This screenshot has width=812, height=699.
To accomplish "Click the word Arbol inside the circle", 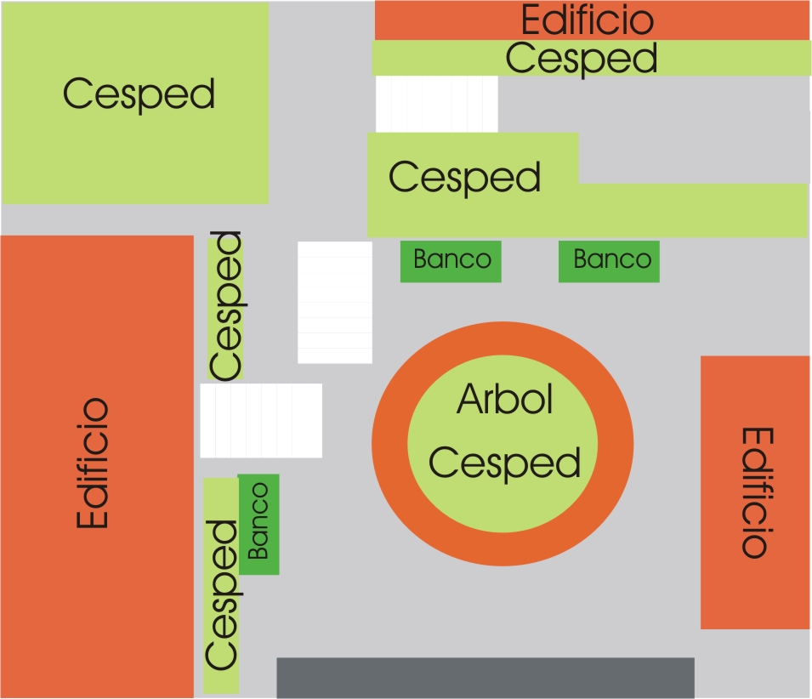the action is point(504,399).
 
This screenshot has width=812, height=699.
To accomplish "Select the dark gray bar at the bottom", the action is point(485,678).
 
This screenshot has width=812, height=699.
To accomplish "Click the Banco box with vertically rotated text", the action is point(258,524).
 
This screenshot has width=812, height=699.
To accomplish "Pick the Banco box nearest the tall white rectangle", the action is point(451,261).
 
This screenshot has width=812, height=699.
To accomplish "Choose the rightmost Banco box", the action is point(609,261).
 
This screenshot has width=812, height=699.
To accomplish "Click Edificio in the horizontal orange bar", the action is point(588,20).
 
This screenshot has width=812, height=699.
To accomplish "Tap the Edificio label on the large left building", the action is point(93,463).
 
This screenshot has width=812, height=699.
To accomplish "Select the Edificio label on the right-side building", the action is point(758,492).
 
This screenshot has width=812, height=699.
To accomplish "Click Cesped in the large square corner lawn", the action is point(139,94).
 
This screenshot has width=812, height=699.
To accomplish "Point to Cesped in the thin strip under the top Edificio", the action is point(582,59).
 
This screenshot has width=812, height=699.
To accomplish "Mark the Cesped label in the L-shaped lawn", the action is point(464,178).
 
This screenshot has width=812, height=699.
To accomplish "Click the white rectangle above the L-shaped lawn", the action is point(436,104).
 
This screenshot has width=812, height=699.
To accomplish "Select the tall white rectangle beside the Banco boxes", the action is point(334,303).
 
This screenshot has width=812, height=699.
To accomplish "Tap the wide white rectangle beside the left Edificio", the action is point(261,420).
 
